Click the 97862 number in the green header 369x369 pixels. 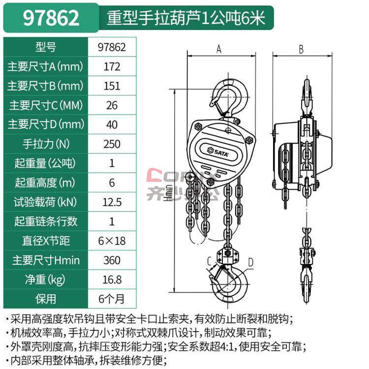point(51,18)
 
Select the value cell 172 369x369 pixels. point(112,66)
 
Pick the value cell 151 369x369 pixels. point(112,86)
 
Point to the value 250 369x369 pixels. point(112,144)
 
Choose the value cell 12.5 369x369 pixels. point(112,202)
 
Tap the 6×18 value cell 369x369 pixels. point(112,241)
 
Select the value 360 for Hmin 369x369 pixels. point(112,260)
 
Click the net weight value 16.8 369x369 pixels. point(112,279)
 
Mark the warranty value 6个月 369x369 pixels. point(112,299)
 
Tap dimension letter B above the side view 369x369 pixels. point(301,48)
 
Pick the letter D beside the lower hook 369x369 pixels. point(250,262)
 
